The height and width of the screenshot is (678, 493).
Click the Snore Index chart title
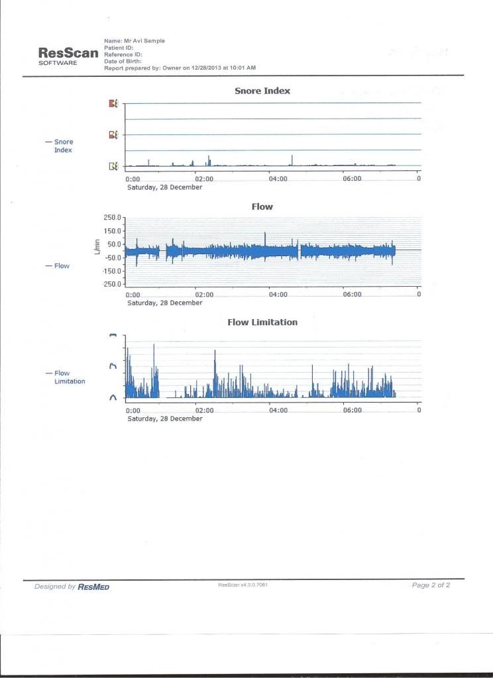pos(262,91)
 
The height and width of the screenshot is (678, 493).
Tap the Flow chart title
pos(262,207)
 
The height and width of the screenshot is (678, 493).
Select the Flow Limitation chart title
pos(262,322)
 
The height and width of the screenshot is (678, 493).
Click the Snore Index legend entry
pos(64,146)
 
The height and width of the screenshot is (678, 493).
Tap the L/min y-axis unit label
pos(97,249)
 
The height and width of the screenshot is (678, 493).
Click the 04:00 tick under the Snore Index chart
pos(278,179)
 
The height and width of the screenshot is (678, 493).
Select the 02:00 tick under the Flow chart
pos(204,295)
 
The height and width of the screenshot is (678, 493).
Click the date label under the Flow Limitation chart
pos(164,418)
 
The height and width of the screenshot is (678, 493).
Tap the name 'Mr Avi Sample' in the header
pos(135,41)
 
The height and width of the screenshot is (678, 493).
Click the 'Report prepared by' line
pos(180,68)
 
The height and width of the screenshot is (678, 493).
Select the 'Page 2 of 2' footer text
pos(431,585)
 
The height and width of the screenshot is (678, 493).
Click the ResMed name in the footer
pos(93,587)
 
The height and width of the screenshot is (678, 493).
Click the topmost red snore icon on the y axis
pos(113,103)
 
